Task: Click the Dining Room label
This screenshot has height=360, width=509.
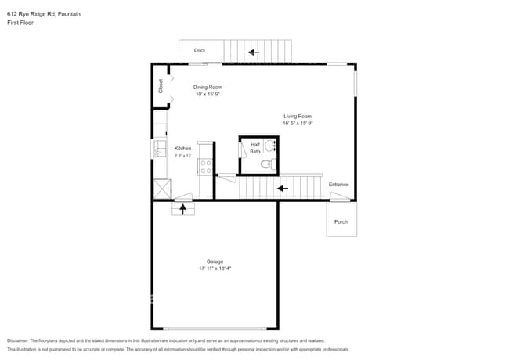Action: click(x=208, y=87)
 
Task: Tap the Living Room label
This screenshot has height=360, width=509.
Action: click(x=298, y=116)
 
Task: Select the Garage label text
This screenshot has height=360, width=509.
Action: click(x=215, y=261)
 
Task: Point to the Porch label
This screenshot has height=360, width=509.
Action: click(x=341, y=221)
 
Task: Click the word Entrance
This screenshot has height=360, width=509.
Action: click(x=338, y=185)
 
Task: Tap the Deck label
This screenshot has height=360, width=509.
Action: click(x=200, y=51)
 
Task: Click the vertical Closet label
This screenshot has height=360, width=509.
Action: click(x=161, y=87)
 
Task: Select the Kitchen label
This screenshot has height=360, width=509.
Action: click(x=182, y=148)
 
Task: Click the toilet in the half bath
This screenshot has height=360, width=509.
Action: click(x=266, y=164)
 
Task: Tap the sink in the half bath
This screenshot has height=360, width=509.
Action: click(x=270, y=146)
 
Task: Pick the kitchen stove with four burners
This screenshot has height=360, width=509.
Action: click(x=206, y=166)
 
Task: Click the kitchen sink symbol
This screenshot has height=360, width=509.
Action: click(x=157, y=148)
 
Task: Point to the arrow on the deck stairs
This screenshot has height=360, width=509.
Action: click(x=254, y=53)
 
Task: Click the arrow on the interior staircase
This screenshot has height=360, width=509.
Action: click(x=283, y=188)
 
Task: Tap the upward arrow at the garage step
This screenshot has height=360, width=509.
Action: click(x=183, y=209)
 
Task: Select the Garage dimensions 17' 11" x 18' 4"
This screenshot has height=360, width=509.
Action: click(x=215, y=268)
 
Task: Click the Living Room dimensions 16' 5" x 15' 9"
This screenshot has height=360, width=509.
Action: click(x=298, y=123)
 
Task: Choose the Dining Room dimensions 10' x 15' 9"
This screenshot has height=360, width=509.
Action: click(x=208, y=94)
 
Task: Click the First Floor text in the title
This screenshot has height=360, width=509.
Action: click(x=20, y=23)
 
